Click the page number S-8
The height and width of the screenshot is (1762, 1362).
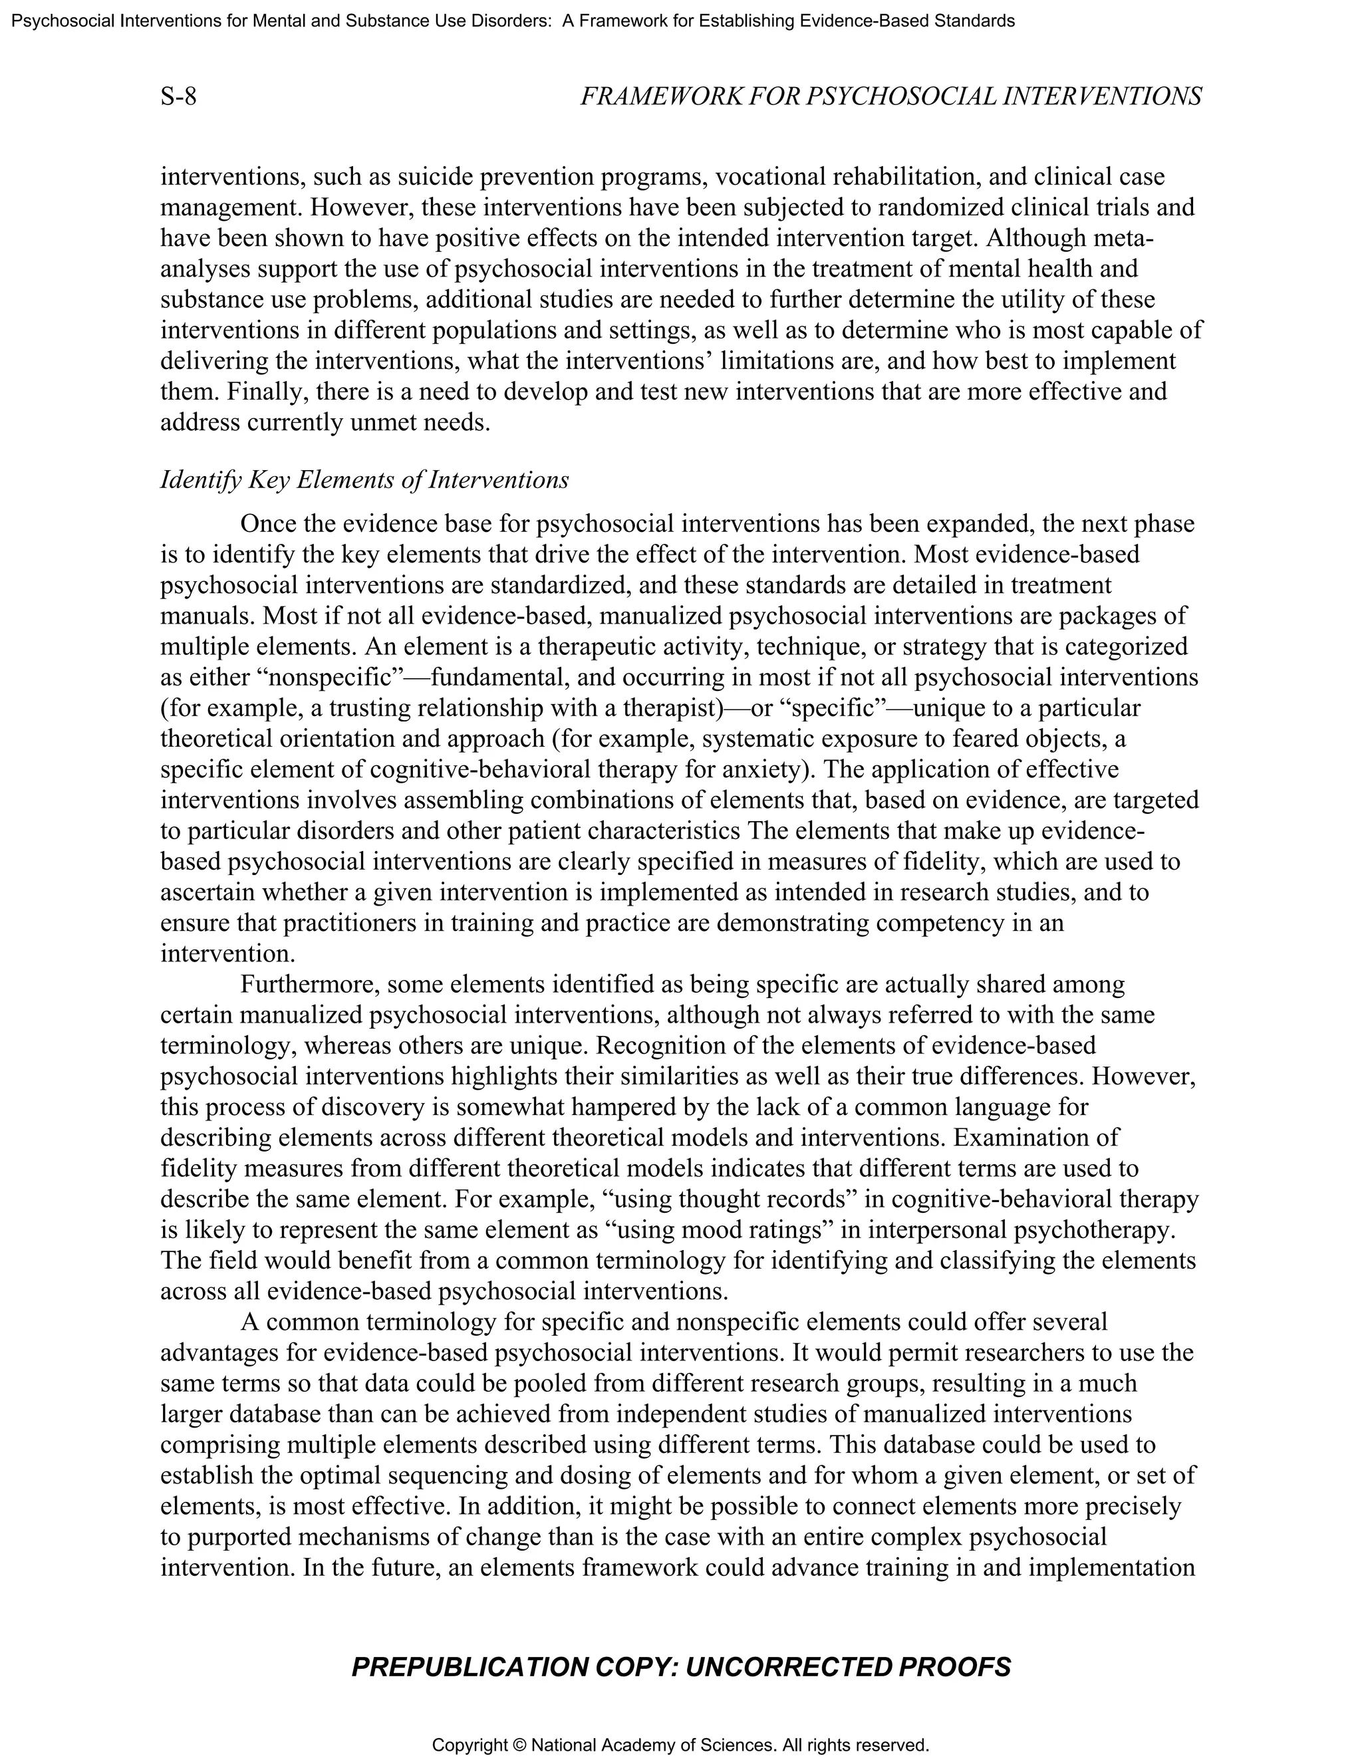[x=178, y=97]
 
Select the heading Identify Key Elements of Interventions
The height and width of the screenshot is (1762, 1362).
[x=364, y=480]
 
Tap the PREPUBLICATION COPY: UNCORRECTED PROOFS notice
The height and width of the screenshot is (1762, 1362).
[x=681, y=1667]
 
